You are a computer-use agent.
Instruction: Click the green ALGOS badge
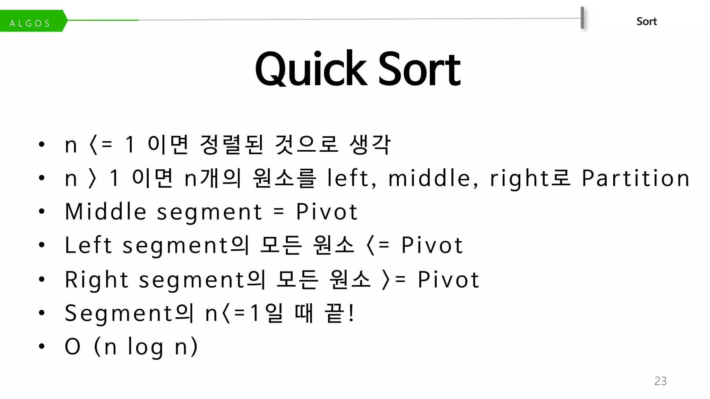point(31,21)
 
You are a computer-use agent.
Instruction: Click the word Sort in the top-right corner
point(646,21)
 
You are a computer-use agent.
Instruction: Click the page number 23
point(660,381)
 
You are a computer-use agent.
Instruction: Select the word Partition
point(635,178)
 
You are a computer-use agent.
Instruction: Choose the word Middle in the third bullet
point(106,212)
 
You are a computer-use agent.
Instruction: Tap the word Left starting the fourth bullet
point(88,245)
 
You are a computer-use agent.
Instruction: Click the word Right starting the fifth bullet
point(97,280)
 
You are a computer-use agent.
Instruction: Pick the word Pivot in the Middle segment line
point(327,212)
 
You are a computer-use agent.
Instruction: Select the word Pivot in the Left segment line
point(432,245)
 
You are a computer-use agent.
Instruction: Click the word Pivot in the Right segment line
point(448,280)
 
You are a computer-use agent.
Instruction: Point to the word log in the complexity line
point(145,347)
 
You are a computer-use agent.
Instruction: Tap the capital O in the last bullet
point(73,346)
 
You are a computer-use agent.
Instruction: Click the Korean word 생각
point(370,144)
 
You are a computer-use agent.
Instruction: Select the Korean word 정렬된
point(232,144)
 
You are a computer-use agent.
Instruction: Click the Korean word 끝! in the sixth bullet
point(339,313)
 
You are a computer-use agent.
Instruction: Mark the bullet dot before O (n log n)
point(42,346)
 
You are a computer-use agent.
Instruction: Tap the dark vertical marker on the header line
point(582,18)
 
